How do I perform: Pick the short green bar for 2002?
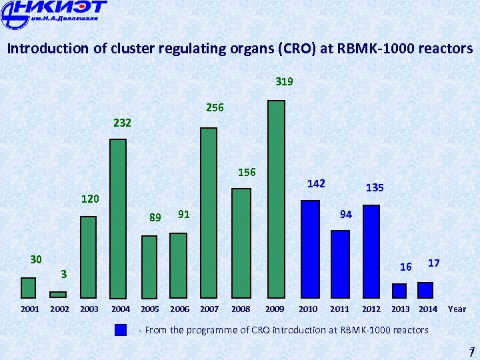point(58,294)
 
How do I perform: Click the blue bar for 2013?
point(399,291)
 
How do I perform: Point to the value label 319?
point(284,82)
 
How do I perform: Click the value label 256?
point(215,107)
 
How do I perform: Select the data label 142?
point(316,183)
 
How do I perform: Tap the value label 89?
point(155,217)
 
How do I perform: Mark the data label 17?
point(433,263)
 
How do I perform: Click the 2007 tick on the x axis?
point(209,309)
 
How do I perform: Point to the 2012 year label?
point(371,309)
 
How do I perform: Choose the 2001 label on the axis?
point(30,309)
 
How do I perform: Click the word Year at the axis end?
point(457,309)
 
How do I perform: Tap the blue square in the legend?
point(121,330)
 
